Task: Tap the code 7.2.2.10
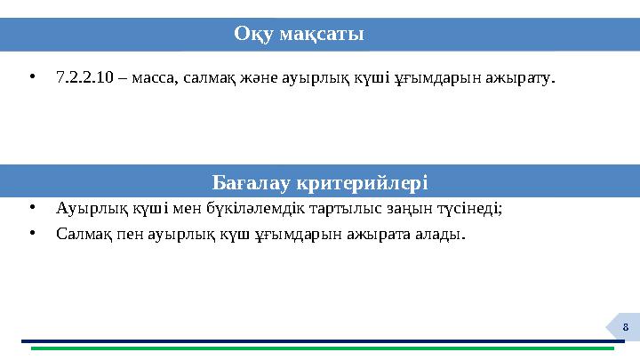(84, 77)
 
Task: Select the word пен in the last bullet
(124, 235)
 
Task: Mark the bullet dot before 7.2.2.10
(31, 77)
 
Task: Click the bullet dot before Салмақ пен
(31, 235)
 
